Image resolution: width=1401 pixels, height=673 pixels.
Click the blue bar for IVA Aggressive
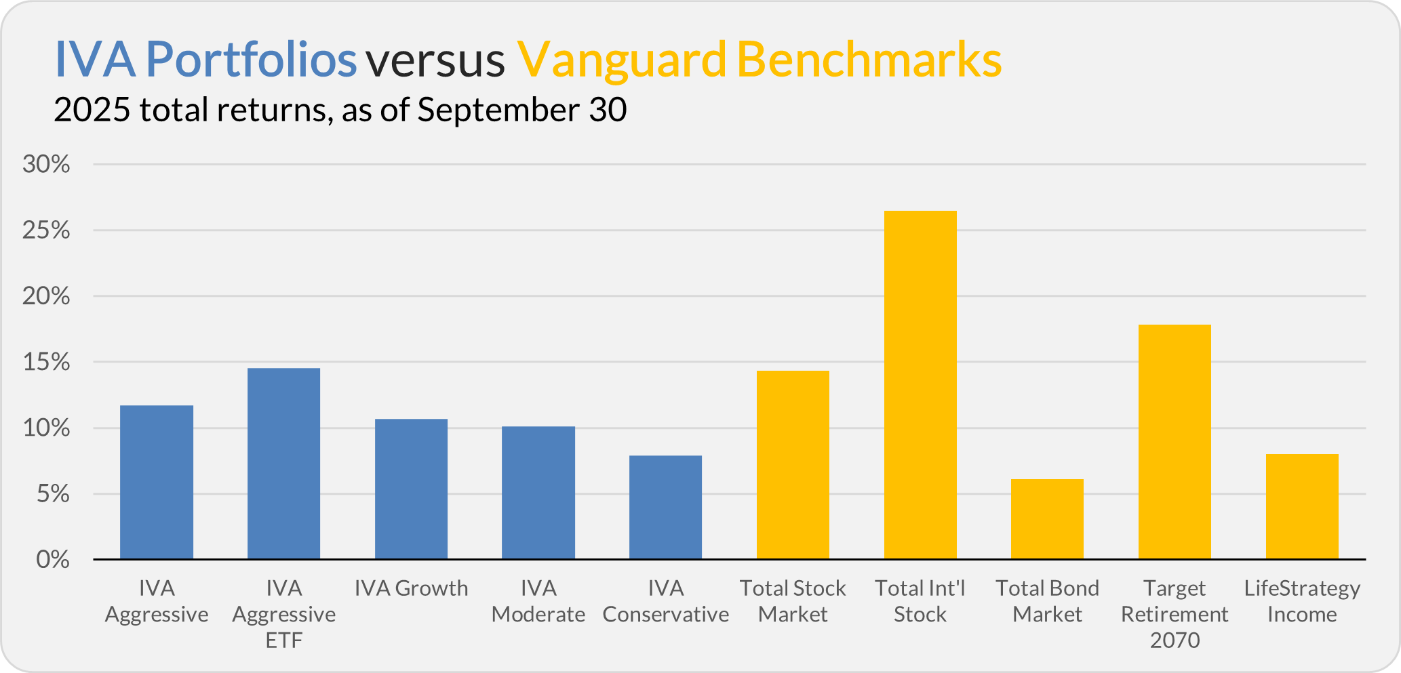coord(157,483)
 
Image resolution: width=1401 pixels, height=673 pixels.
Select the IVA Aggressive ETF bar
coord(283,464)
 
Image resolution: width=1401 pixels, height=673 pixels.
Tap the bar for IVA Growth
coord(411,489)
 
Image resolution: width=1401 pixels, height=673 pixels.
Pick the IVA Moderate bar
coord(538,493)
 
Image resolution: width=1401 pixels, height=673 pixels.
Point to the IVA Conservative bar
coord(665,508)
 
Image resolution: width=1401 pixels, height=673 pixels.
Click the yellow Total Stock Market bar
coord(793,465)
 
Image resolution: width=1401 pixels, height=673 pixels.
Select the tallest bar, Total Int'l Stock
coord(920,385)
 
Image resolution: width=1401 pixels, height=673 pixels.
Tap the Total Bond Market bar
coord(1047,519)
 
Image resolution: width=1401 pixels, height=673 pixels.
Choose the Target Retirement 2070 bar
coord(1175,442)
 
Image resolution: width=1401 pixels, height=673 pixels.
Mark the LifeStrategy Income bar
coord(1302,507)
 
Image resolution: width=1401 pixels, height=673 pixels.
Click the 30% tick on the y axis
coord(46,164)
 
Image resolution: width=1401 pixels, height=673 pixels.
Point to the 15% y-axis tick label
coord(46,362)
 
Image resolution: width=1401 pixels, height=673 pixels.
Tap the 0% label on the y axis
coord(53,560)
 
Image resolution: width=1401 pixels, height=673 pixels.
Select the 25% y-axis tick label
coord(46,230)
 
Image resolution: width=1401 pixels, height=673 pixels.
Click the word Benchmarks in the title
coord(869,60)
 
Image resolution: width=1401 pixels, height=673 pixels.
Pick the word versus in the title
coord(435,60)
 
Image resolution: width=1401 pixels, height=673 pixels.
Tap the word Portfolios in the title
coord(251,60)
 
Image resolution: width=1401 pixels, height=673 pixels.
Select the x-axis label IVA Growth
coord(411,588)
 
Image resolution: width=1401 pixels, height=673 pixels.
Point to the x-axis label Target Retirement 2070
coord(1175,614)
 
